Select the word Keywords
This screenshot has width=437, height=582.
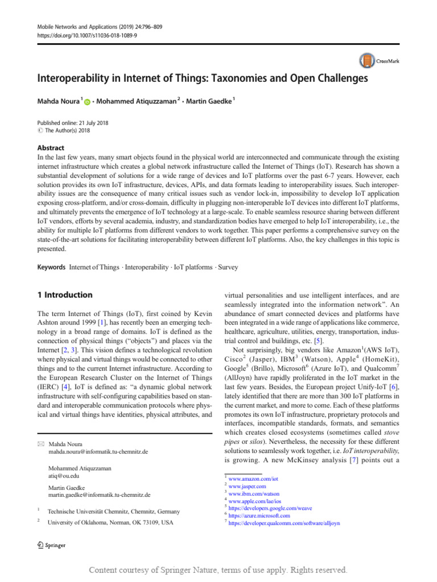[51, 267]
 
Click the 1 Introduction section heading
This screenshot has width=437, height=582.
[65, 295]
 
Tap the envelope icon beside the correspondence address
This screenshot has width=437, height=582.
[41, 443]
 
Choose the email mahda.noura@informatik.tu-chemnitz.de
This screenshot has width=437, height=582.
[100, 451]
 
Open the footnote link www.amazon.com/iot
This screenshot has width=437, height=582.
[253, 480]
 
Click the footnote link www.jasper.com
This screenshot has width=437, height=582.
[247, 487]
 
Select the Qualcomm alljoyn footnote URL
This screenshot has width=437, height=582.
[284, 523]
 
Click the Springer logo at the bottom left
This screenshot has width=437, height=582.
[51, 545]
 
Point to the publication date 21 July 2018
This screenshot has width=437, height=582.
[89, 122]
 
